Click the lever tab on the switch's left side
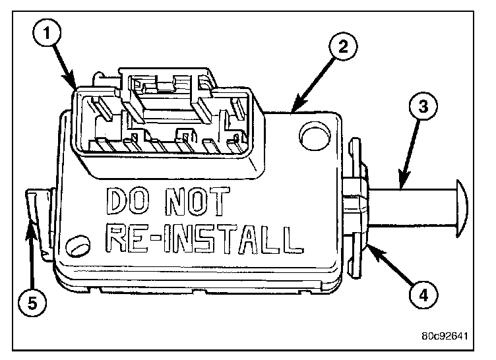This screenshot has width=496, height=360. click(x=40, y=211)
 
